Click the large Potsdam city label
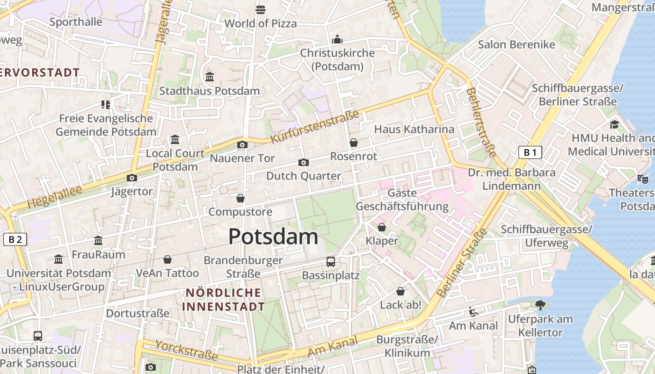[x=273, y=237]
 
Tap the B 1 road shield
[x=530, y=152]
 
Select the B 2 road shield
[x=15, y=239]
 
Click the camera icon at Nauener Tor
[x=242, y=145]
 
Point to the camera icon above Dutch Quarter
[x=304, y=162]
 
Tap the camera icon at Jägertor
[x=132, y=178]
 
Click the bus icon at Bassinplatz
[x=331, y=261]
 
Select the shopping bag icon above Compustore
[x=240, y=198]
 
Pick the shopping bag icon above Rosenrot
[x=354, y=143]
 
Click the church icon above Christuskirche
[x=337, y=39]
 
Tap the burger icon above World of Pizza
[x=261, y=9]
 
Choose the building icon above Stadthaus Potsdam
[x=210, y=77]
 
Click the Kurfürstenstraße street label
[x=315, y=126]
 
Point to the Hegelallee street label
[x=54, y=197]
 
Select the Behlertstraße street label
[x=480, y=122]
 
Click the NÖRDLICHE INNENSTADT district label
[x=224, y=300]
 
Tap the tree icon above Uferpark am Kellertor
[x=540, y=305]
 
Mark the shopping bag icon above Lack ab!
[x=400, y=291]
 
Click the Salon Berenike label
[x=516, y=44]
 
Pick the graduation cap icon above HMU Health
[x=614, y=124]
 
